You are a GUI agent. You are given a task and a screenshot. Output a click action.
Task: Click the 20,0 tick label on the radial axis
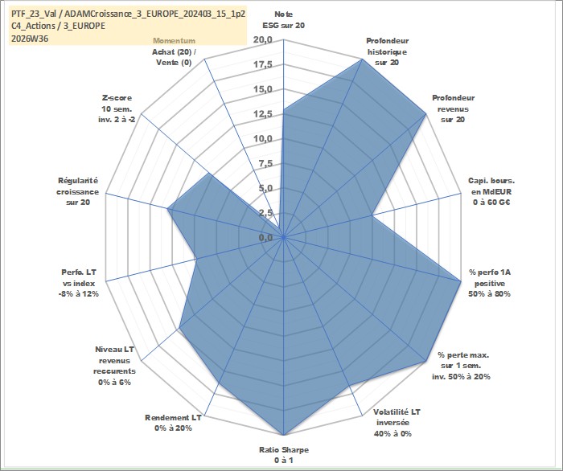(263, 40)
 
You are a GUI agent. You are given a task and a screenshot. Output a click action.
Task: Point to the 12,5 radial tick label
(263, 114)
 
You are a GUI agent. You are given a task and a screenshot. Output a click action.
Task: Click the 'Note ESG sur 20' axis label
(284, 20)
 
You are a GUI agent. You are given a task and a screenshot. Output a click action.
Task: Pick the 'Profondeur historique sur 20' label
(387, 51)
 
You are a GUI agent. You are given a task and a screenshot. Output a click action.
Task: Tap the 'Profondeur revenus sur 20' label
(453, 109)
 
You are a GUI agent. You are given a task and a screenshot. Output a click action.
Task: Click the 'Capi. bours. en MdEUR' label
(491, 186)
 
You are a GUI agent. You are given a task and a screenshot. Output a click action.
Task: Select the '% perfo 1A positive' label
(490, 278)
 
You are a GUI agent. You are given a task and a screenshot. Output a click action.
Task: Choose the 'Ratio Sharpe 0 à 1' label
(284, 455)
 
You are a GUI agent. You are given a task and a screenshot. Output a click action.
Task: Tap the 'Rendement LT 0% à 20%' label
(173, 423)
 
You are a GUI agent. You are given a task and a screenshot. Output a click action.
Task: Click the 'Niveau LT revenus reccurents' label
(114, 360)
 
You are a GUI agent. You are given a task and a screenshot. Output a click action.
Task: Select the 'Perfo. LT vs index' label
(79, 278)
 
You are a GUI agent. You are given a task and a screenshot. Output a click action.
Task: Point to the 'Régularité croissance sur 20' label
(77, 191)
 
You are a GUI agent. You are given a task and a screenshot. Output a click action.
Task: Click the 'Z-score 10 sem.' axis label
(117, 104)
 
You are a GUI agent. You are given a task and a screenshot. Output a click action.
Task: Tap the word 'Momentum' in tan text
(175, 41)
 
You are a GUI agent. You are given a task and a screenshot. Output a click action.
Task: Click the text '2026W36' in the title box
(30, 39)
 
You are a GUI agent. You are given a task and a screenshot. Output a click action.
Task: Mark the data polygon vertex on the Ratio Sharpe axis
(284, 435)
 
